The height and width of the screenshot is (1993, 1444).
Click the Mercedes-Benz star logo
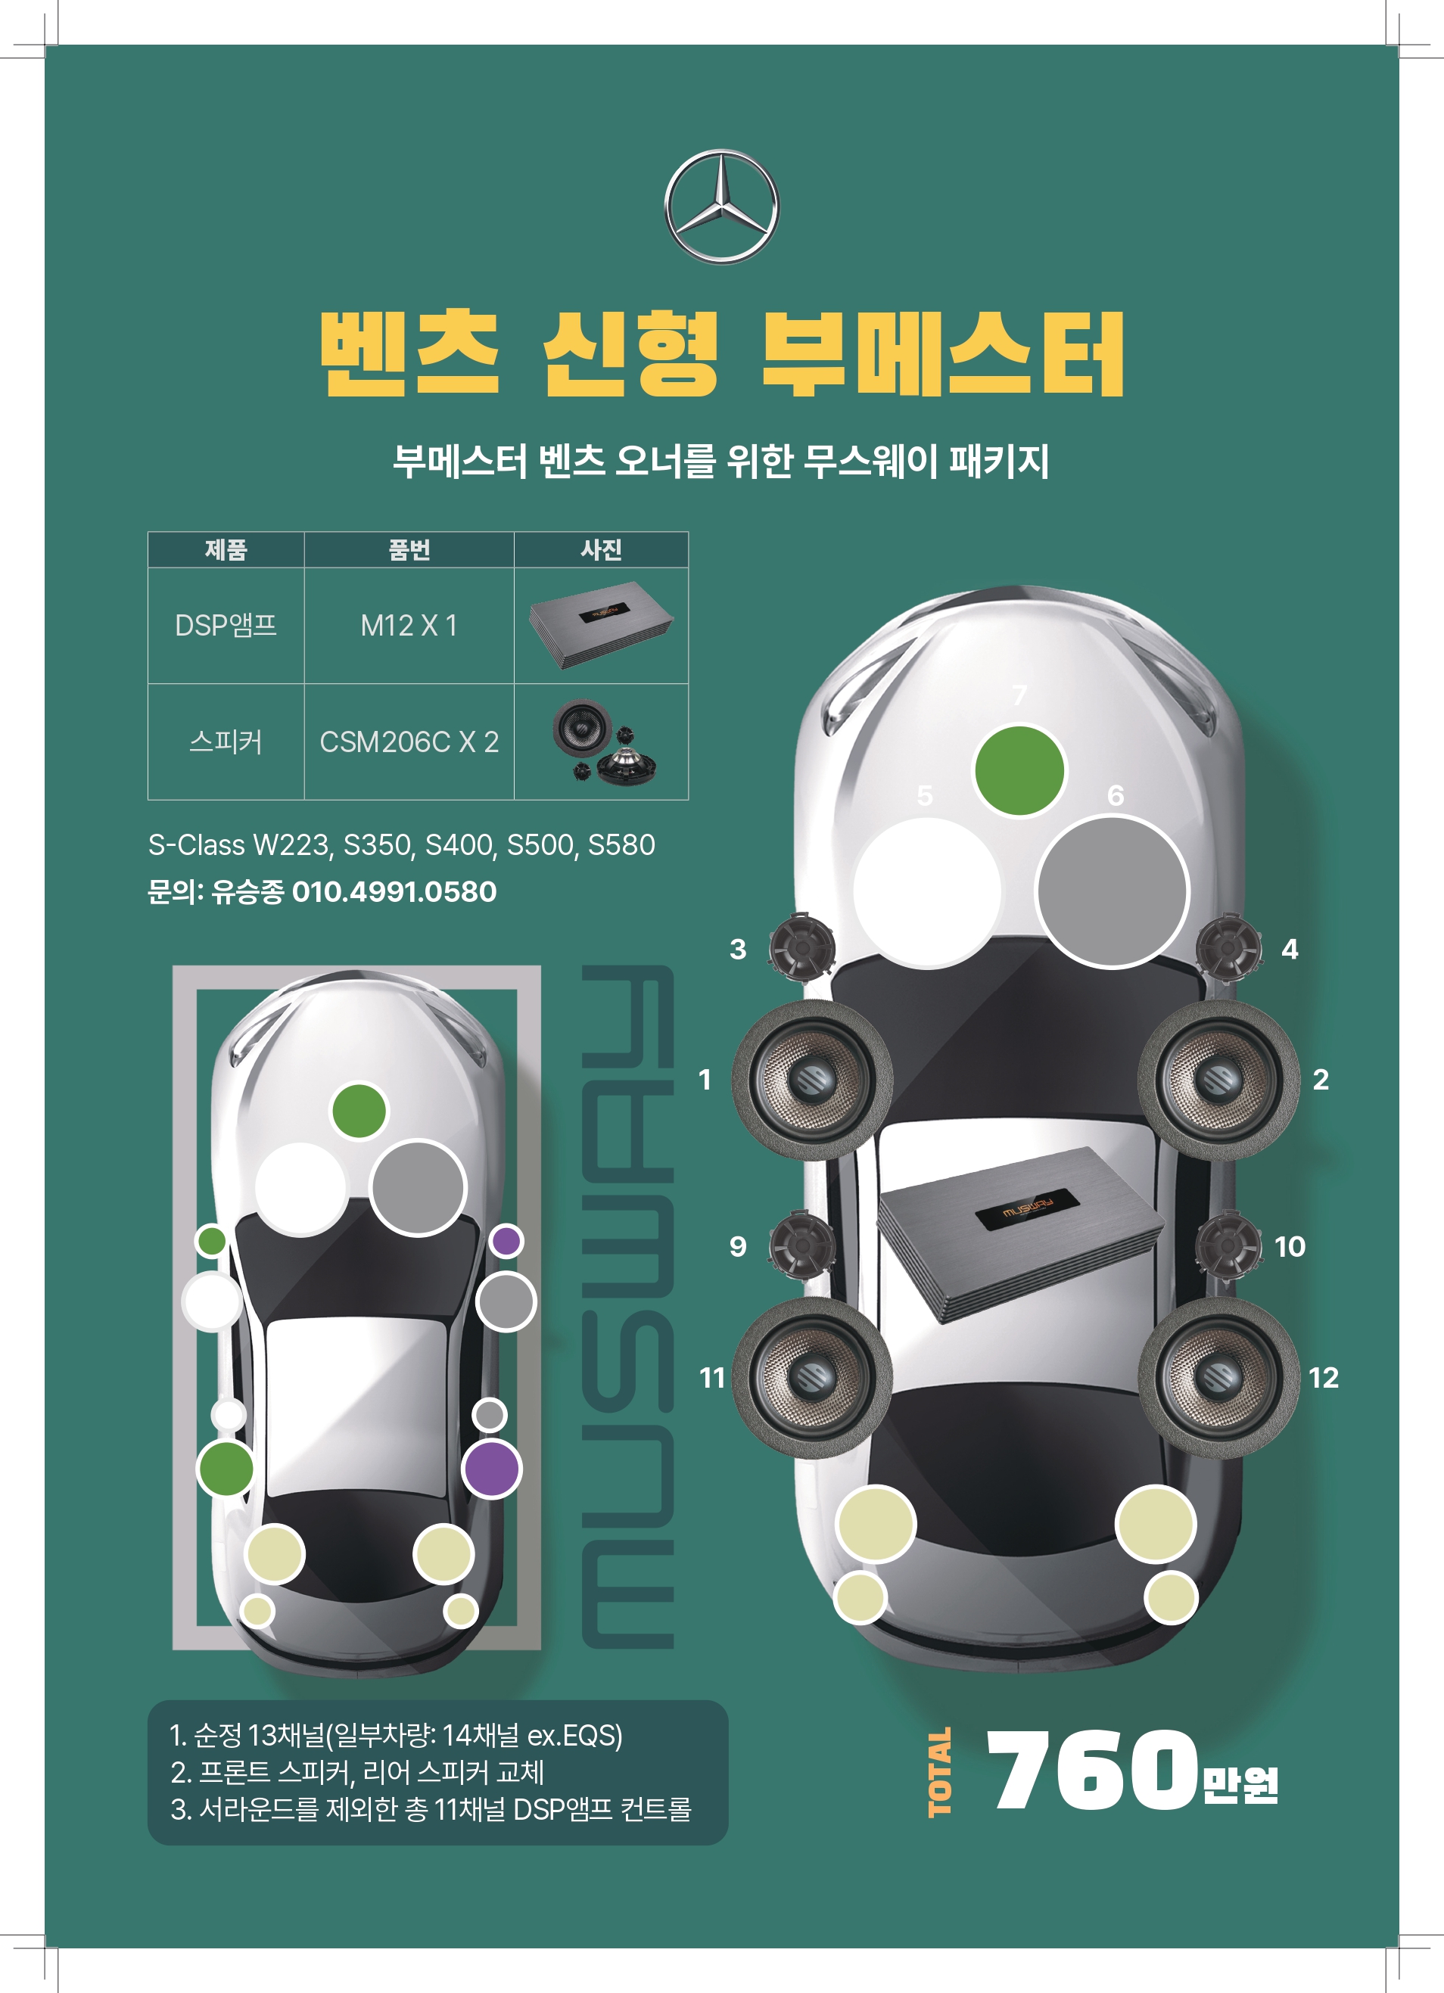coord(720,207)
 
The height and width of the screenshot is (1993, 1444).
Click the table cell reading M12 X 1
coord(409,626)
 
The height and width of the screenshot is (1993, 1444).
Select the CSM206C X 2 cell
coord(409,742)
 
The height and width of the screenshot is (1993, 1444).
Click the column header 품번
coord(409,550)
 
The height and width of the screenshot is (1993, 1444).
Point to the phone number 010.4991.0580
coord(394,892)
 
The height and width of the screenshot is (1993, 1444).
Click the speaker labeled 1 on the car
coord(812,1080)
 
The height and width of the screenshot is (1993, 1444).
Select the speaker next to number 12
coord(1218,1378)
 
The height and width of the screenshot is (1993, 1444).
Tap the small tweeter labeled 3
coord(801,947)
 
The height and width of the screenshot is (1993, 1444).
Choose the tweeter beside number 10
coord(1228,1245)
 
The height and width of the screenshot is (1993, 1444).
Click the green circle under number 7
coord(1019,771)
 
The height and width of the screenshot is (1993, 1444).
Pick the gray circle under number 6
coord(1112,891)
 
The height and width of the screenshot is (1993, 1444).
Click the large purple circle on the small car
coord(492,1469)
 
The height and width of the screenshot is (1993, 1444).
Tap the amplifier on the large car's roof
coord(1019,1230)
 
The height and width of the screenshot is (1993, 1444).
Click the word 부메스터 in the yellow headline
coord(942,353)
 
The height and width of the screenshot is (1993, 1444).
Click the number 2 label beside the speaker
coord(1320,1080)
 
